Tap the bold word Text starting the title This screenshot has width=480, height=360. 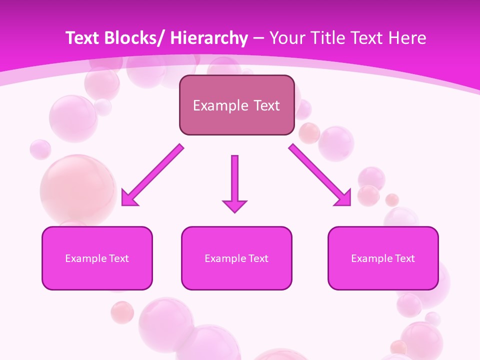point(83,38)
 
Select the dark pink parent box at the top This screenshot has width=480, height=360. point(236,105)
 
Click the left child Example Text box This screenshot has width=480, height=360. point(97,258)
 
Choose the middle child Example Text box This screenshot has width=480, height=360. point(236,258)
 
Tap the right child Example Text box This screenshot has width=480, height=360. point(383,258)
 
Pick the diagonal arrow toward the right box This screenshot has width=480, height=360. point(320,175)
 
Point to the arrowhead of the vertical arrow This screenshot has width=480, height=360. point(234,205)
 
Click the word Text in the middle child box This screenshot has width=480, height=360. point(258,258)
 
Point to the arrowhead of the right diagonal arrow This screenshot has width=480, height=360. point(344,198)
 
